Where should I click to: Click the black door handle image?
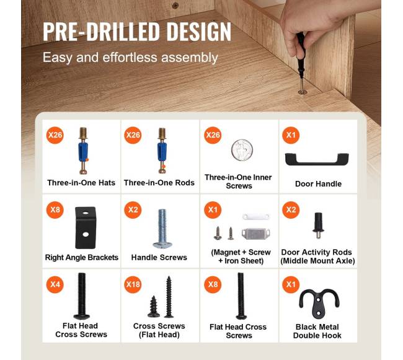(x=317, y=161)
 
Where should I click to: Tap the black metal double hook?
(x=319, y=305)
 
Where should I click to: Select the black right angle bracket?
(x=86, y=227)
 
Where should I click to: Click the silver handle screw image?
(x=162, y=229)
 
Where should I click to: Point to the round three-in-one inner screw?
(x=242, y=150)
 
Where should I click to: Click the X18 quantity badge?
(x=133, y=284)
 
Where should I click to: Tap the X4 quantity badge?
(x=55, y=284)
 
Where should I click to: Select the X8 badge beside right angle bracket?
(x=55, y=210)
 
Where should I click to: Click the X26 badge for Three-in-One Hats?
(x=55, y=135)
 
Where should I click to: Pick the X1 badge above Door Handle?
(x=291, y=135)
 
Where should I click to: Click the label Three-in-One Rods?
(x=159, y=183)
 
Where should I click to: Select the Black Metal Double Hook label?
(x=317, y=331)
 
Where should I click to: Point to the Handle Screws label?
(x=159, y=257)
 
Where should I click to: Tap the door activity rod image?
(x=318, y=226)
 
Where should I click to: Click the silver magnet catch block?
(x=255, y=234)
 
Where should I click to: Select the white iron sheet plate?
(x=255, y=217)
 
